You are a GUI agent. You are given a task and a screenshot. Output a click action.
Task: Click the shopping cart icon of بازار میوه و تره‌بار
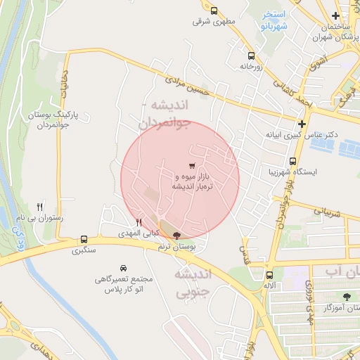click(x=192, y=165)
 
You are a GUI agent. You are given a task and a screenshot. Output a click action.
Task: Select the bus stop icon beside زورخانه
click(x=251, y=55)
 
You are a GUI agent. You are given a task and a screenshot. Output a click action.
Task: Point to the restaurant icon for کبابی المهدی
click(x=139, y=222)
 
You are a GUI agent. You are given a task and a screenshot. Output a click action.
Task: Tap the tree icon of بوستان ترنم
click(x=176, y=236)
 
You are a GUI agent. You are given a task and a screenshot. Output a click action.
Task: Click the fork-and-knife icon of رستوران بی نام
click(x=40, y=207)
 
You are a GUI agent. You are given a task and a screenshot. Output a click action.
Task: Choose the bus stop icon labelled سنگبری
click(x=84, y=239)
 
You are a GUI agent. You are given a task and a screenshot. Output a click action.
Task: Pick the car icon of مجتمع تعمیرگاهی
click(x=124, y=268)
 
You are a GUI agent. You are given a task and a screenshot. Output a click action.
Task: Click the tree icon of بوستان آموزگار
click(x=347, y=296)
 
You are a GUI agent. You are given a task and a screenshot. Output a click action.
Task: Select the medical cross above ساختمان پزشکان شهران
click(x=336, y=15)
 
